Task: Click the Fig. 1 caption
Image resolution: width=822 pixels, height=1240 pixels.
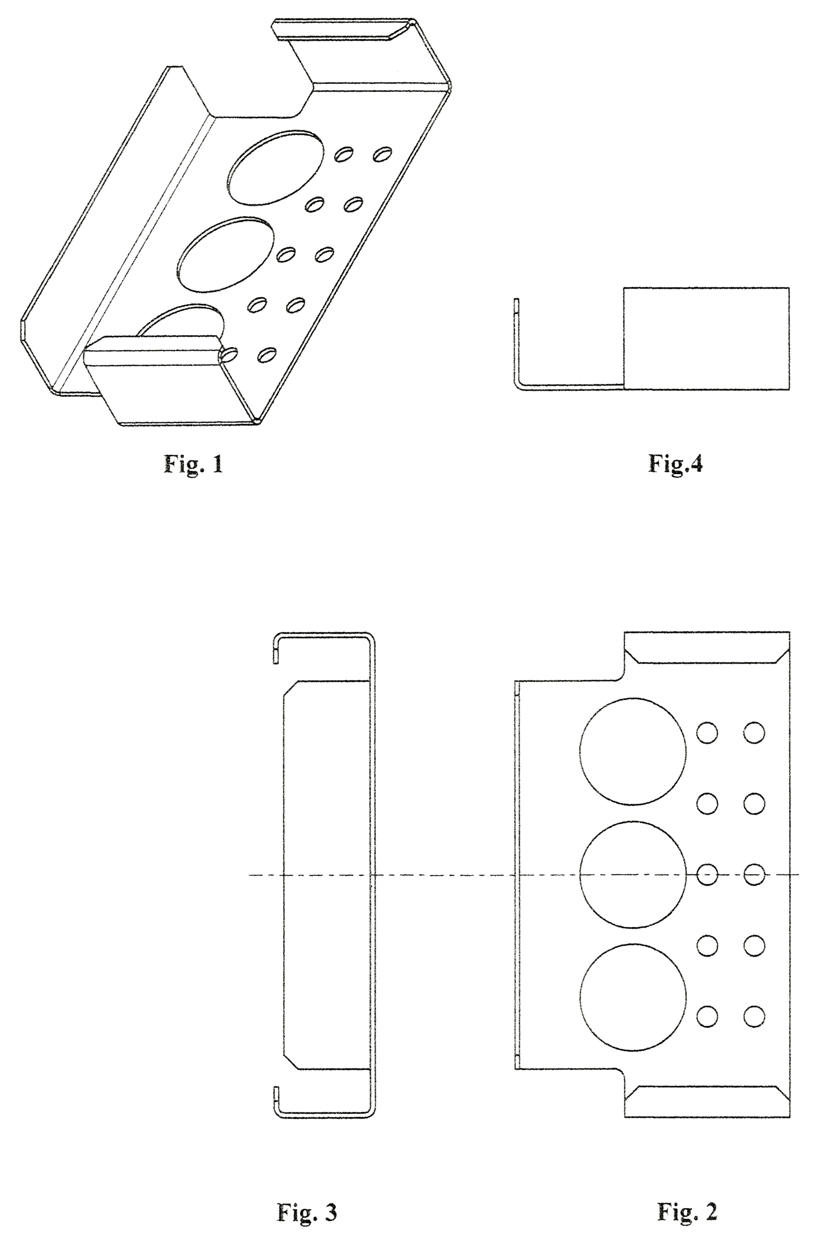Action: (193, 464)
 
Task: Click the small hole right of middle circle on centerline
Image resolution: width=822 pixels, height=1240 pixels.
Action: (707, 873)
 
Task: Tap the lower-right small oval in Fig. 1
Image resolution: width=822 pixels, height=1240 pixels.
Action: (267, 355)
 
